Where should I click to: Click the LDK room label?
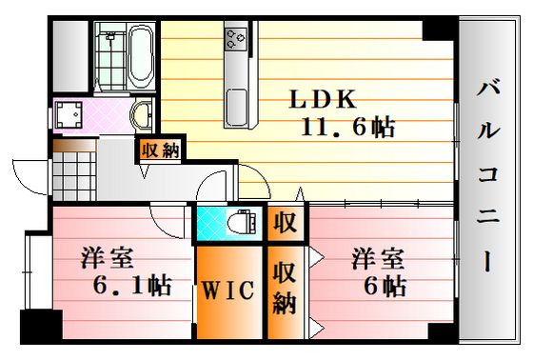323,99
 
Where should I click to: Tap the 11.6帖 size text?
347,128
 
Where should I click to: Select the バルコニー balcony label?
488,174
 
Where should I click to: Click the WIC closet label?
228,290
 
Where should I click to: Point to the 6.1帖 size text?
132,285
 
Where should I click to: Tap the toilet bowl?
241,222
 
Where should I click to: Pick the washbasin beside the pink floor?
142,114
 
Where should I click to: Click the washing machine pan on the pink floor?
69,114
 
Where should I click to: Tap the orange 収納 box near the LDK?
161,150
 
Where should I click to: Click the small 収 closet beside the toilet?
285,223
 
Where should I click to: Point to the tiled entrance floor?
74,176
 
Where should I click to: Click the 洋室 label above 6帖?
378,259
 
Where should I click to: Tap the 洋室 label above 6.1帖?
107,258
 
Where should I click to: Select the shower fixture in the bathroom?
109,36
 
